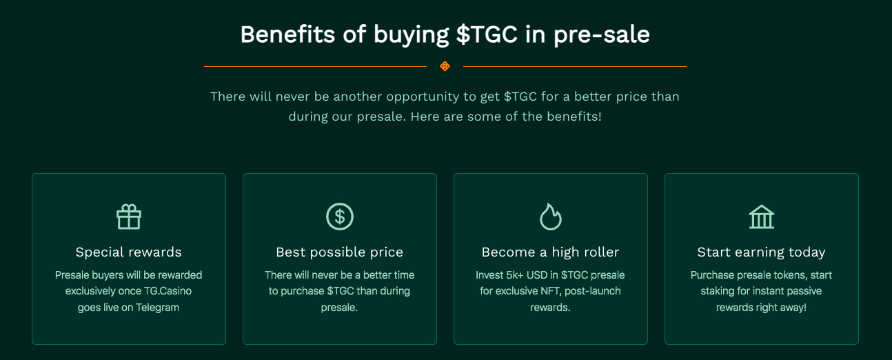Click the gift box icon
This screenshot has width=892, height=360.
tap(129, 217)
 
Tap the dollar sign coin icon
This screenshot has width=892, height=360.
tap(340, 217)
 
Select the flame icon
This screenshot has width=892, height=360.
tap(551, 217)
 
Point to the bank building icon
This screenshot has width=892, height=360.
tap(762, 217)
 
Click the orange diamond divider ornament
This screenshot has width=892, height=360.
tap(445, 66)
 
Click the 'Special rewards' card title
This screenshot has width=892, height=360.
tap(129, 252)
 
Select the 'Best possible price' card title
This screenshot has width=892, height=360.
tap(340, 252)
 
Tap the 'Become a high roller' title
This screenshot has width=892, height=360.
tap(550, 252)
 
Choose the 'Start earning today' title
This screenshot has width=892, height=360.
tap(762, 252)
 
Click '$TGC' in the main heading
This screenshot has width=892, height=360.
tap(487, 34)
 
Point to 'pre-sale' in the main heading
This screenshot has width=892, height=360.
tap(602, 35)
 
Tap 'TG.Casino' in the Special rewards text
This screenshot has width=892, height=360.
tap(168, 291)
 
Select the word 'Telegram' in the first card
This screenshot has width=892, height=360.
tap(157, 308)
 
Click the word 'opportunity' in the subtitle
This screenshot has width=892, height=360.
tap(423, 97)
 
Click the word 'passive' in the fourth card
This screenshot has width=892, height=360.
tap(804, 292)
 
